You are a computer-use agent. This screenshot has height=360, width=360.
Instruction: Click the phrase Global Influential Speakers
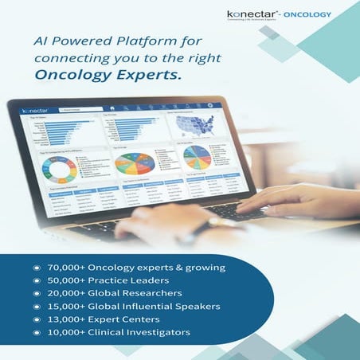tap(163, 306)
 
